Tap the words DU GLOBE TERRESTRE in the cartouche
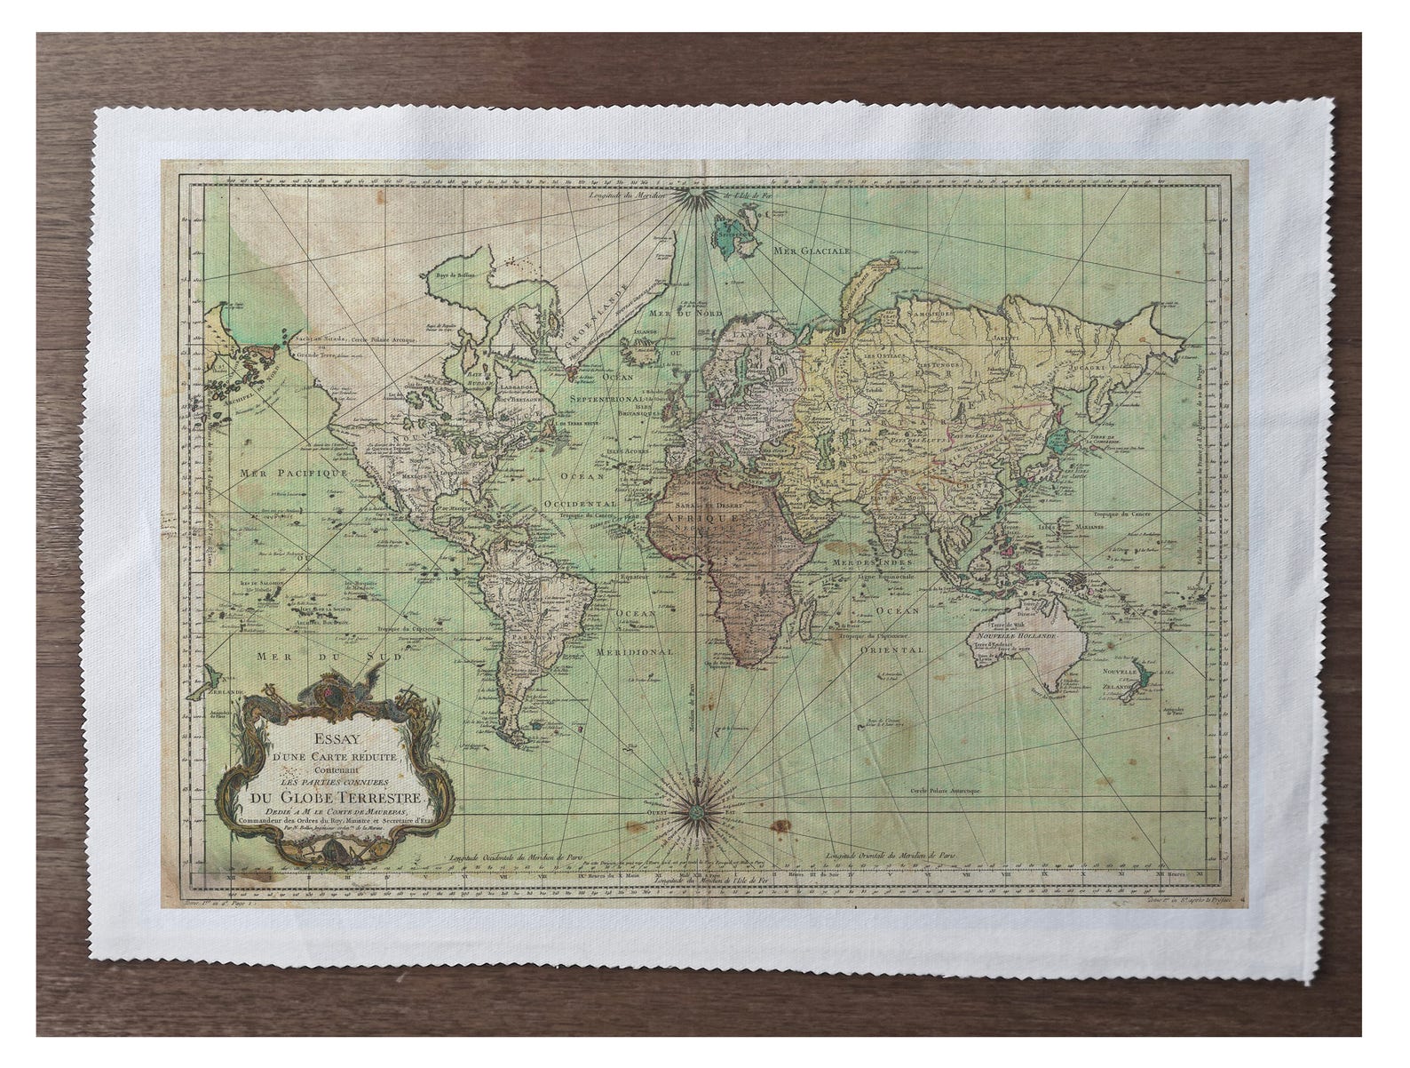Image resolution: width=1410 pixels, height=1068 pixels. [x=332, y=794]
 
